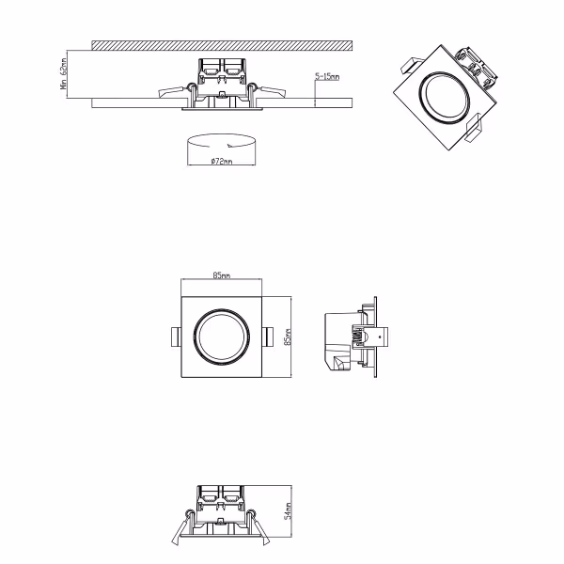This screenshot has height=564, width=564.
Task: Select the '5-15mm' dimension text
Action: pyautogui.click(x=328, y=77)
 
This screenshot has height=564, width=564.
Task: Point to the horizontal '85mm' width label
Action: pyautogui.click(x=222, y=275)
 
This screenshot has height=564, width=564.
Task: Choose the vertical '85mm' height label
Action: pyautogui.click(x=289, y=336)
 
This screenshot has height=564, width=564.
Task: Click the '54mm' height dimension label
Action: pyautogui.click(x=289, y=511)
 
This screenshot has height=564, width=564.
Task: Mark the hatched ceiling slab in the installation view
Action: pyautogui.click(x=222, y=44)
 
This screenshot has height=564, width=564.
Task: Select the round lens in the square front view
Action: pyautogui.click(x=222, y=336)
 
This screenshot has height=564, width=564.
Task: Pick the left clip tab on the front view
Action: pyautogui.click(x=175, y=336)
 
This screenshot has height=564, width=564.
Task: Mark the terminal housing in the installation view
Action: pyautogui.click(x=222, y=70)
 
